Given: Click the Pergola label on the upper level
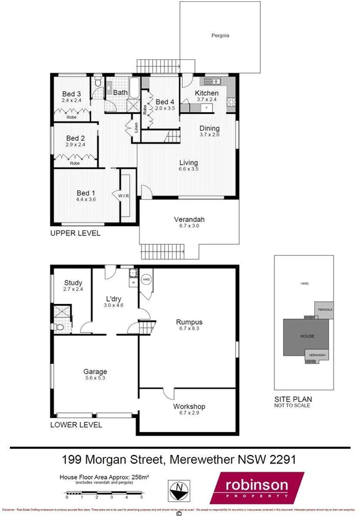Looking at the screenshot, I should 220,36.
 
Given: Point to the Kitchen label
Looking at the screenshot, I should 207,93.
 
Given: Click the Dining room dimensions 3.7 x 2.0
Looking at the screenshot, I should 210,134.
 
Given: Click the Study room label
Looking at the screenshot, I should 73,284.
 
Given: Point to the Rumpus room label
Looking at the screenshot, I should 189,322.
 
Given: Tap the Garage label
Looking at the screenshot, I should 96,372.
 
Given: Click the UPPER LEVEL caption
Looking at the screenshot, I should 76,234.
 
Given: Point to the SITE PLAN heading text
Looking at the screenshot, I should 292,399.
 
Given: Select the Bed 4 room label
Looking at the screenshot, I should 165,102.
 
